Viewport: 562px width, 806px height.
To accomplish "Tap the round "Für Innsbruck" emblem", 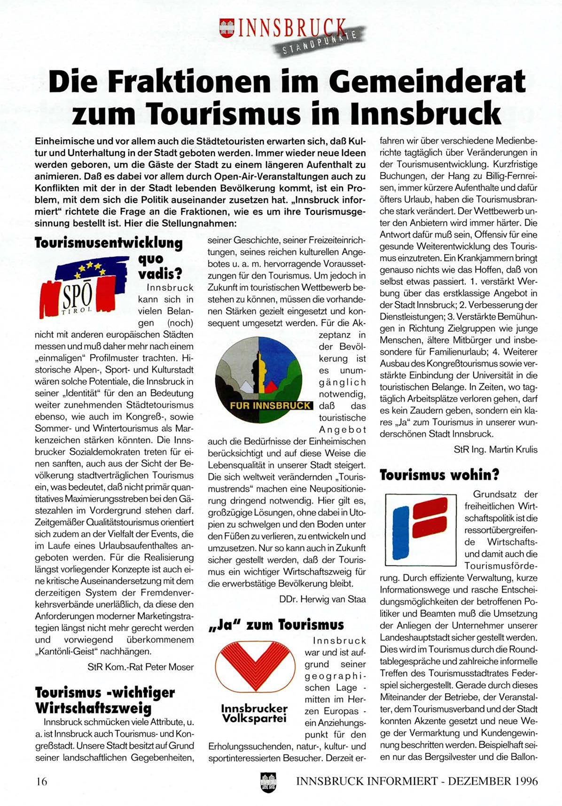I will (264, 378).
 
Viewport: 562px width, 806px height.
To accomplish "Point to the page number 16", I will (42, 781).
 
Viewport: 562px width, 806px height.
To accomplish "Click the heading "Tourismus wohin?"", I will (439, 475).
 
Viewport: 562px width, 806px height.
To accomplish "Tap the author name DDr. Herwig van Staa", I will (322, 599).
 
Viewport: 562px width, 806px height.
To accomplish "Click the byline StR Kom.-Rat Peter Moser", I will (140, 666).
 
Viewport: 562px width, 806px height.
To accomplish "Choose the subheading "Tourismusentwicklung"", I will (109, 243).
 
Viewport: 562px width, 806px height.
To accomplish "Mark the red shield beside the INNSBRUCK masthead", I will (227, 28).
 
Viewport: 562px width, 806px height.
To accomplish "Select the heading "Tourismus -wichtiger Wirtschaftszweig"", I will (105, 700).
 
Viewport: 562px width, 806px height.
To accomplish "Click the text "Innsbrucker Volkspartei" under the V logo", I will (254, 713).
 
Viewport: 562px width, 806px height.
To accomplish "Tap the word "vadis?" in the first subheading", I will (160, 274).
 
